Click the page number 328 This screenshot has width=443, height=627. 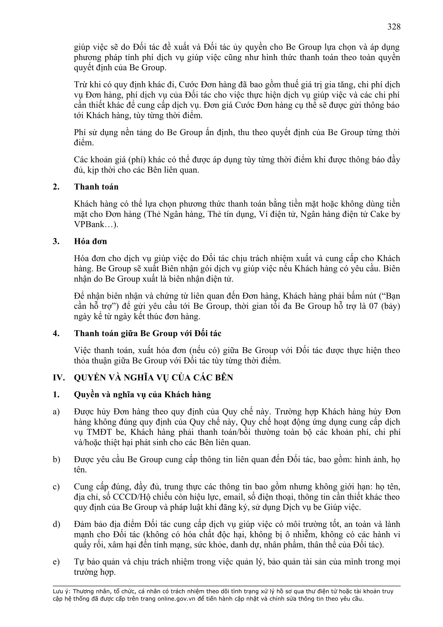pos(394,27)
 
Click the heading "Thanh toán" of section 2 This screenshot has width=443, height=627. pos(96,187)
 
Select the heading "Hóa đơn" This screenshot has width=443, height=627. pos(90,242)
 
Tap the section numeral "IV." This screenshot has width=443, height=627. pos(59,378)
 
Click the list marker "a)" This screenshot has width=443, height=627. pos(56,412)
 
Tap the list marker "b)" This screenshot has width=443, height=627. pos(56,460)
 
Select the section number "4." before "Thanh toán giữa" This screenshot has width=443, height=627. pos(56,333)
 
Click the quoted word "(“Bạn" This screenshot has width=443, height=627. pos(388,296)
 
